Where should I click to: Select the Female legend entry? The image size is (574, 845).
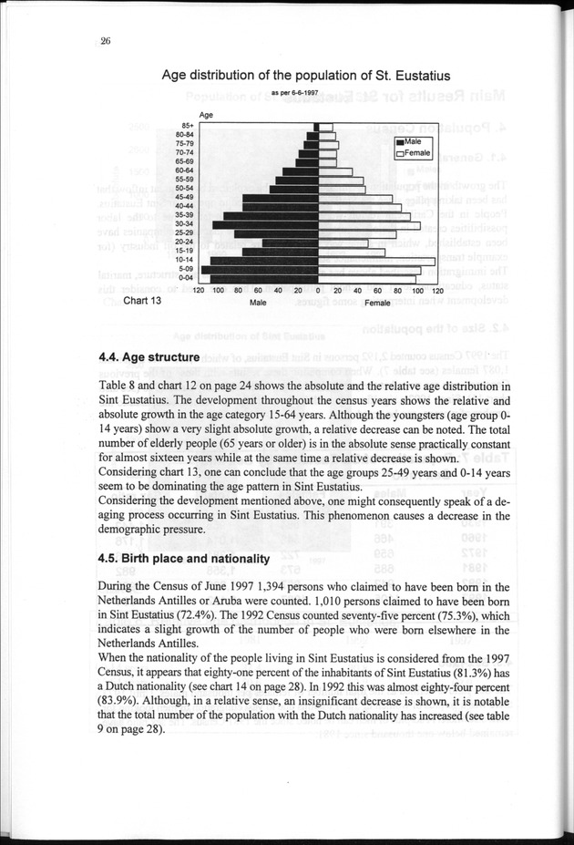click(x=413, y=154)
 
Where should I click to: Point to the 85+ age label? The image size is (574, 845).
click(x=188, y=125)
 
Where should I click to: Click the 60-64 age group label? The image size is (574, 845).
click(x=184, y=170)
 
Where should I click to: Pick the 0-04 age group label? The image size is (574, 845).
click(x=184, y=276)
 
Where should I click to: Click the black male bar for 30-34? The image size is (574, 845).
click(x=264, y=223)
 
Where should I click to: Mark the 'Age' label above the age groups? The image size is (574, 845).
click(x=206, y=115)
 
